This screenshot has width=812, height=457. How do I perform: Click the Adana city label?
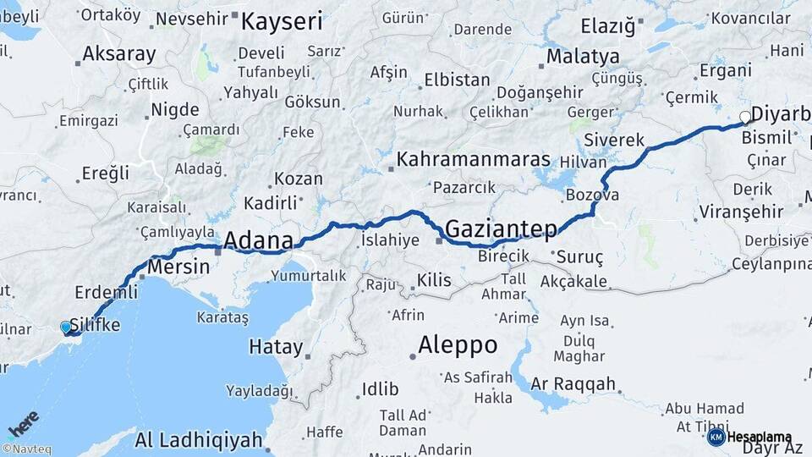tap(258, 240)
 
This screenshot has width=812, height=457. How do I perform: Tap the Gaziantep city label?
tap(501, 228)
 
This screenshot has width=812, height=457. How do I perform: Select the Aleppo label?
tap(458, 345)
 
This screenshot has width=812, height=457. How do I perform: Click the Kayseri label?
tap(282, 21)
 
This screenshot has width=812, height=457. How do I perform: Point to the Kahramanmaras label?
tap(474, 159)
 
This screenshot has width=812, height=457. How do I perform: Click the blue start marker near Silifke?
tap(66, 327)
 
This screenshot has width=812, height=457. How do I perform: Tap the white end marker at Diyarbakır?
tap(745, 117)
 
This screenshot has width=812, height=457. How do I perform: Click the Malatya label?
tap(583, 57)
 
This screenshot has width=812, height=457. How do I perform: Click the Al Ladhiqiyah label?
tap(199, 440)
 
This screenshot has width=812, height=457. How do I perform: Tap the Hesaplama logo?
tap(750, 437)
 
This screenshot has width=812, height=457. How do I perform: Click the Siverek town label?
tap(614, 140)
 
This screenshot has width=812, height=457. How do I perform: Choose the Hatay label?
tap(276, 347)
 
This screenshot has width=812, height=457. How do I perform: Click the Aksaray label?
tap(119, 55)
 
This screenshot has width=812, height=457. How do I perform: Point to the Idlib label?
tap(380, 389)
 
